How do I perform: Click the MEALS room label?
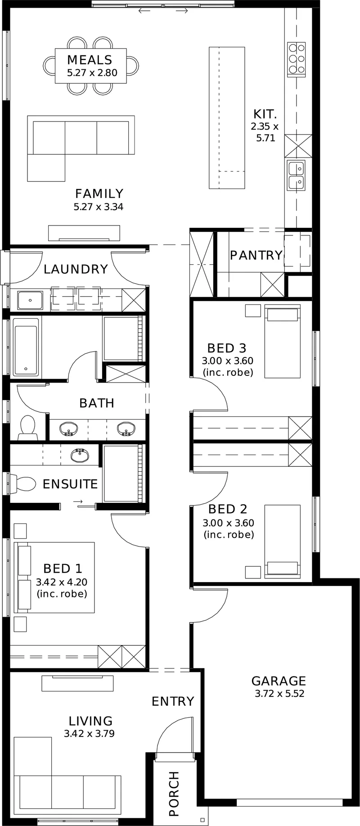[x=90, y=60]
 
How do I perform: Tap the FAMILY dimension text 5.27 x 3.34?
[x=99, y=207]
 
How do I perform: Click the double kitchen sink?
[x=296, y=175]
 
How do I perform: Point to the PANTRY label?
[x=256, y=255]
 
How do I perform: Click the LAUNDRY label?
[x=76, y=269]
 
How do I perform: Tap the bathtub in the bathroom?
[x=26, y=347]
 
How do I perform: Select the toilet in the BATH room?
[x=28, y=428]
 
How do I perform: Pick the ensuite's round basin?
[x=80, y=455]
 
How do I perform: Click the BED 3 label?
[x=227, y=348]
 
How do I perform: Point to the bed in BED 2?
[x=282, y=541]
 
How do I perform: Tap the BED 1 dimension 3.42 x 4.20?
[x=62, y=582]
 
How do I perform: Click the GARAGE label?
[x=279, y=681]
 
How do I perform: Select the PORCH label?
[x=174, y=794]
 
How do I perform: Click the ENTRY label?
[x=173, y=701]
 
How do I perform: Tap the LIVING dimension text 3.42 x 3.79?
[x=89, y=734]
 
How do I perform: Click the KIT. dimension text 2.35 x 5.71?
[x=265, y=132]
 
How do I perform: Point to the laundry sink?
[x=30, y=300]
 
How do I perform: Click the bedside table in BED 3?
[x=253, y=311]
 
